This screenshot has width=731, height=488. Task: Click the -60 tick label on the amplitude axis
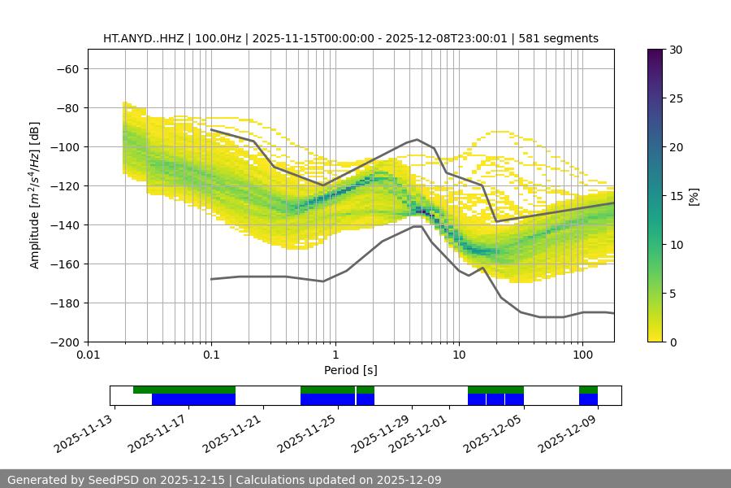[x=67, y=68]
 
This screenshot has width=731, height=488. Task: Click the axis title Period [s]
[x=350, y=371]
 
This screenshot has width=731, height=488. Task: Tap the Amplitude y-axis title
[x=35, y=195]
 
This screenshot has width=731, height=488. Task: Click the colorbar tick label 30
[x=676, y=50]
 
